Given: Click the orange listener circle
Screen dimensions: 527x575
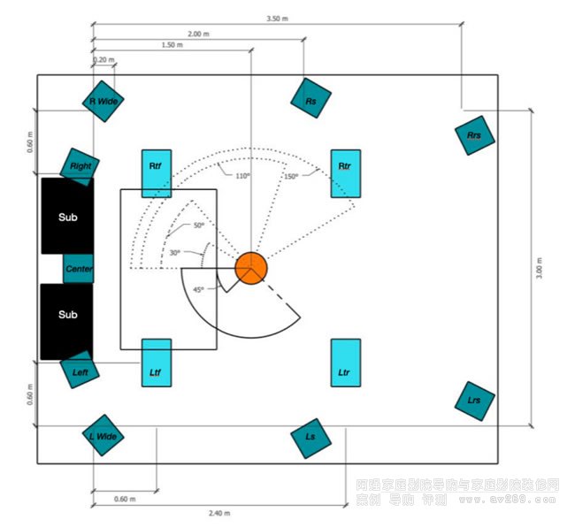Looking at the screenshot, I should click(x=250, y=268).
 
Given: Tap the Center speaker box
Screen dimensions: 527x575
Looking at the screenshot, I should click(x=79, y=269).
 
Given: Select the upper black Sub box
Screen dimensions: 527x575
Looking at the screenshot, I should click(x=67, y=217).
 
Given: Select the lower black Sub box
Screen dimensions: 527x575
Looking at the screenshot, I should click(x=67, y=315).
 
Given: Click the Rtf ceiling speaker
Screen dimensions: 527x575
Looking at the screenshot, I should click(x=156, y=173).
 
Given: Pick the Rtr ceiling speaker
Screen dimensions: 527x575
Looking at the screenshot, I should click(x=345, y=173).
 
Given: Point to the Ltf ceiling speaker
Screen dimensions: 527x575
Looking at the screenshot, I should click(x=156, y=363).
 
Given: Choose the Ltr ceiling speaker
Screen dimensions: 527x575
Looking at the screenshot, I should click(x=345, y=363).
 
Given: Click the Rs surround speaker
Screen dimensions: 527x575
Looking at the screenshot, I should click(x=310, y=102).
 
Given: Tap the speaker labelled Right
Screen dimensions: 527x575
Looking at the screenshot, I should click(x=80, y=165).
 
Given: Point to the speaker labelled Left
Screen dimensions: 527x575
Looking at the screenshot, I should click(x=80, y=372).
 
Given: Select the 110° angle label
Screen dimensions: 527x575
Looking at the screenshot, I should click(x=242, y=176).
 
